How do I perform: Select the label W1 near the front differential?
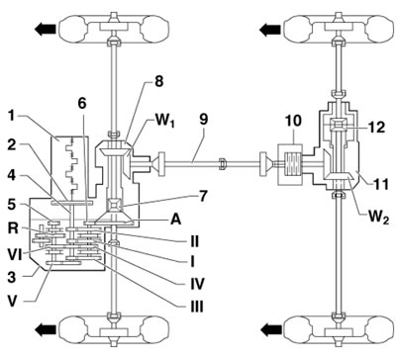164,121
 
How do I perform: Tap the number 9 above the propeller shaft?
203,120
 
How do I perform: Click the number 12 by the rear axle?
377,127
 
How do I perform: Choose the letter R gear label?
12,228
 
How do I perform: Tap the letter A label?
176,220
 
